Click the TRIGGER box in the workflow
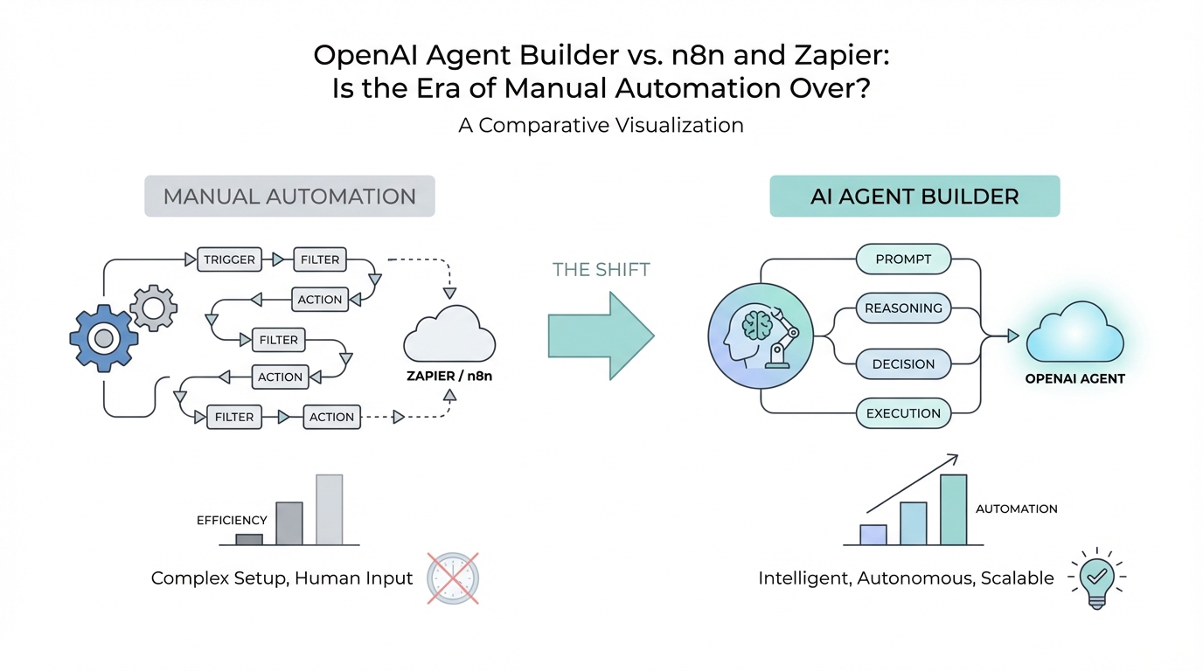click(229, 259)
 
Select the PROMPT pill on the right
click(903, 259)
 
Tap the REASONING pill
click(903, 308)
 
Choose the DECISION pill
click(903, 364)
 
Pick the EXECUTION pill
click(903, 413)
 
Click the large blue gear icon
click(104, 337)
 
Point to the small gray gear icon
click(154, 308)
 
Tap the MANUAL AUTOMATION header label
click(289, 197)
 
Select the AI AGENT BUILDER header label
click(914, 197)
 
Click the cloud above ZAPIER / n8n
click(449, 335)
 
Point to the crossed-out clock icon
click(453, 578)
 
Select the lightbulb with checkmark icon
click(1096, 578)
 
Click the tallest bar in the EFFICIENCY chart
click(330, 509)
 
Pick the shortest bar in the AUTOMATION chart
click(873, 534)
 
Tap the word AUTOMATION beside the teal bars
click(1016, 508)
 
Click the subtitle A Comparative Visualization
click(601, 125)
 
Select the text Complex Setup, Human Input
click(282, 578)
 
